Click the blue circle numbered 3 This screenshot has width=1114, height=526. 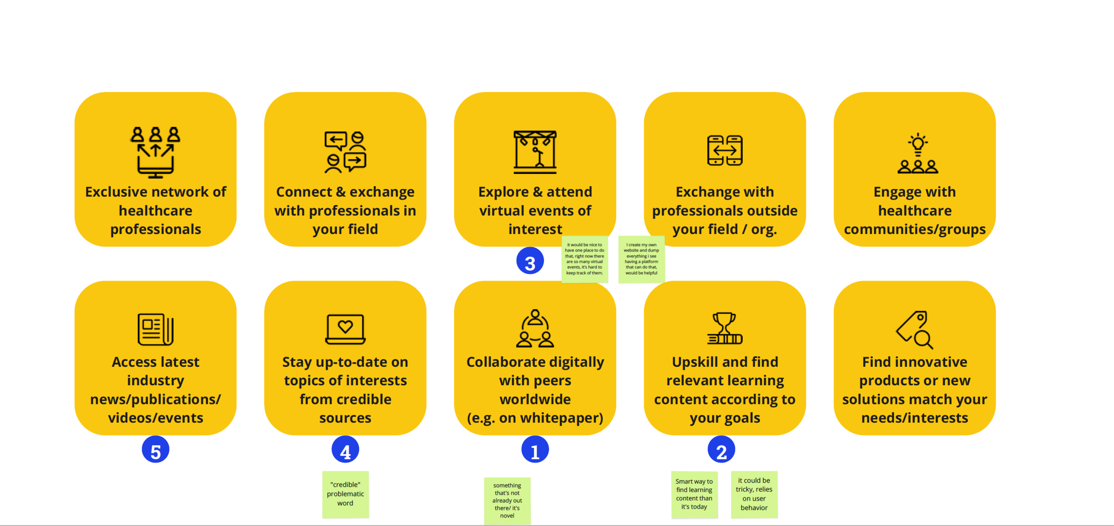click(x=530, y=261)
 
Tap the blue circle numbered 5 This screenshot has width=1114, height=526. click(x=156, y=449)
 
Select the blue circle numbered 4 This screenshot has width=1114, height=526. click(x=345, y=449)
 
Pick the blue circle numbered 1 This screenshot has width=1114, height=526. click(x=535, y=449)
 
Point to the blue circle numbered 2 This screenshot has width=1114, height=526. click(x=721, y=449)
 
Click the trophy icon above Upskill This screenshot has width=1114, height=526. click(x=725, y=329)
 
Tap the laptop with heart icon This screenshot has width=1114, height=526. click(x=345, y=329)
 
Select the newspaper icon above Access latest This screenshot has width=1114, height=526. click(x=156, y=329)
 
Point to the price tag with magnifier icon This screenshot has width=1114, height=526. click(x=915, y=329)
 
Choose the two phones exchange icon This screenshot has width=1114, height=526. click(x=725, y=150)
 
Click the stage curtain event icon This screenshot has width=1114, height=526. click(x=535, y=152)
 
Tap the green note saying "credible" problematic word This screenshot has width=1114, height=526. click(x=345, y=494)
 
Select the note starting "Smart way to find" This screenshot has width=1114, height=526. click(x=694, y=494)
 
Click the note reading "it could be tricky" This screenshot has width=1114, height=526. click(x=754, y=494)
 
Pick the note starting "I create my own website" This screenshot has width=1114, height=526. click(x=641, y=259)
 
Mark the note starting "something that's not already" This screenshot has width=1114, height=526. click(x=507, y=501)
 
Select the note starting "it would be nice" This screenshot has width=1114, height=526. click(x=585, y=259)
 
